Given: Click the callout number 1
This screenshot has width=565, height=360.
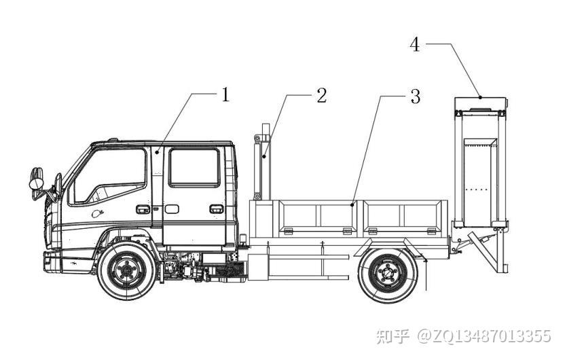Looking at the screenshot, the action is pos(225,95).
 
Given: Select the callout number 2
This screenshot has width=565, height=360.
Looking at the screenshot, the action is pos(321,96).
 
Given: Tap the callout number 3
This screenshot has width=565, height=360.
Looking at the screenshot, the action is pos(416,96).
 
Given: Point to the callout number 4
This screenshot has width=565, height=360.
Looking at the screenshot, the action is pos(415,45).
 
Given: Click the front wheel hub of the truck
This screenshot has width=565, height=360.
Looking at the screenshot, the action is pos(126,270).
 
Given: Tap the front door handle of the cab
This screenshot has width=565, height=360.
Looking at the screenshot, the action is pos(143,209).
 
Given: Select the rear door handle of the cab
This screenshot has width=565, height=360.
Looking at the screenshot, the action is pos(217,209).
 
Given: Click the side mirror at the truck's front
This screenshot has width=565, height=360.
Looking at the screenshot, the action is pos(37,179).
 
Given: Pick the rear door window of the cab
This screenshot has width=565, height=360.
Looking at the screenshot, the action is pos(194,168).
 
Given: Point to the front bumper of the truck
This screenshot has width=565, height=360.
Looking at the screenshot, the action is pos(52,262).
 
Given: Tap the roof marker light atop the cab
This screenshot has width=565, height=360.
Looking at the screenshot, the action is pos(113,139).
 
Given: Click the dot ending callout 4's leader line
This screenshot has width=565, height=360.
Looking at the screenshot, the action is pos(480,97).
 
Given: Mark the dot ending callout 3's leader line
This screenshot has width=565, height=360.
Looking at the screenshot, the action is pos(352,204).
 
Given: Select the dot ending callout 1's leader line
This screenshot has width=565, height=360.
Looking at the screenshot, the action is pos(157,153).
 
